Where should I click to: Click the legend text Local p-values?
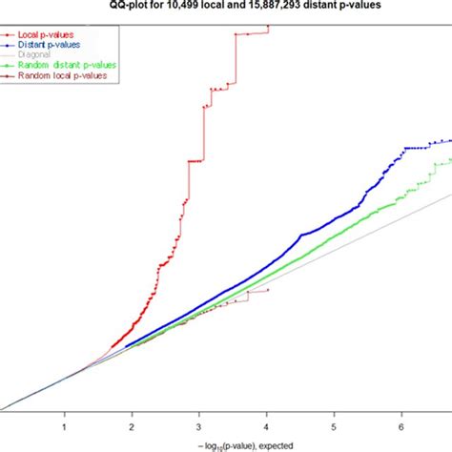pyautogui.click(x=46, y=33)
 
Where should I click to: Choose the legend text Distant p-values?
pyautogui.click(x=50, y=44)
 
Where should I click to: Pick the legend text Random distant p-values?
pyautogui.click(x=67, y=65)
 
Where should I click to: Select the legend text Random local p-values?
pyautogui.click(x=62, y=75)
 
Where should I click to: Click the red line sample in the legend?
pyautogui.click(x=10, y=33)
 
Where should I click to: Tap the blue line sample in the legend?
pyautogui.click(x=10, y=44)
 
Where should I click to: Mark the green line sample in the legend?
pyautogui.click(x=10, y=65)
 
